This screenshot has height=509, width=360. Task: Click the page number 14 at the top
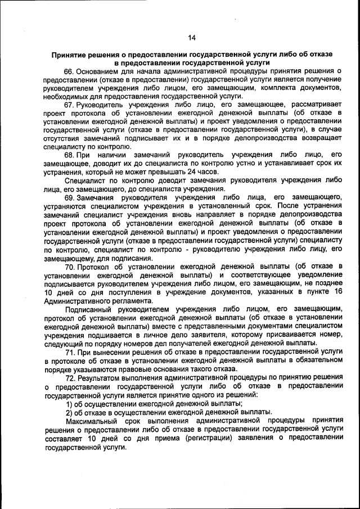pyautogui.click(x=191, y=38)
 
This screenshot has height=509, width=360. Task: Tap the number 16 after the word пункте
pyautogui.click(x=337, y=291)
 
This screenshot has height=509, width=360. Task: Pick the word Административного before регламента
pyautogui.click(x=73, y=300)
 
